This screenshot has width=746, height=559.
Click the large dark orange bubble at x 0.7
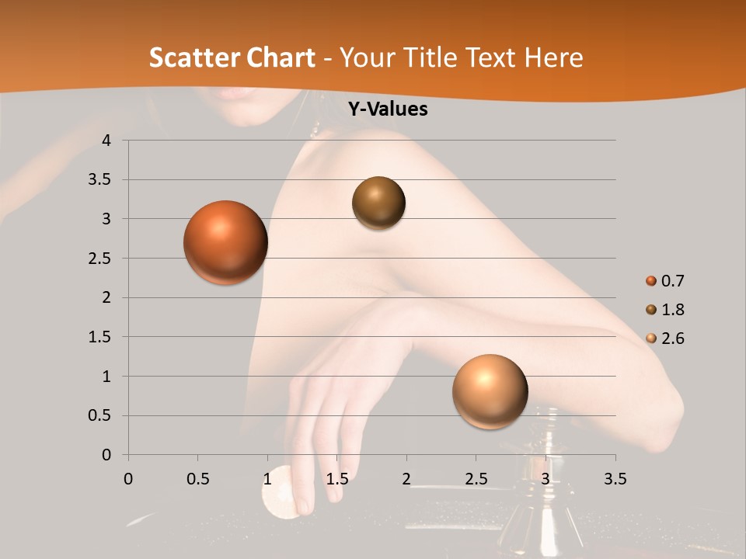[225, 242]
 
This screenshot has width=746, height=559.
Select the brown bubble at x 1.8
[378, 203]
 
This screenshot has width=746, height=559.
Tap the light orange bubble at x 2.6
[490, 391]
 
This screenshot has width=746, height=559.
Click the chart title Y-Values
[388, 109]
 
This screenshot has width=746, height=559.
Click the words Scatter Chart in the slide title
[232, 57]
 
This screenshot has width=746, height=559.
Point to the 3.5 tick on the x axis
[615, 479]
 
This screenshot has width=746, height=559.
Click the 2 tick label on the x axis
[406, 479]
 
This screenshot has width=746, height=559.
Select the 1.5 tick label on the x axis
[336, 479]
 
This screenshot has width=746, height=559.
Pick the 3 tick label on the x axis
[546, 479]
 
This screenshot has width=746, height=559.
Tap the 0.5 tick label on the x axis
[197, 479]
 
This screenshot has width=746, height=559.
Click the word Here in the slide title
[553, 57]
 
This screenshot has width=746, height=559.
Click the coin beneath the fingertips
[281, 492]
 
